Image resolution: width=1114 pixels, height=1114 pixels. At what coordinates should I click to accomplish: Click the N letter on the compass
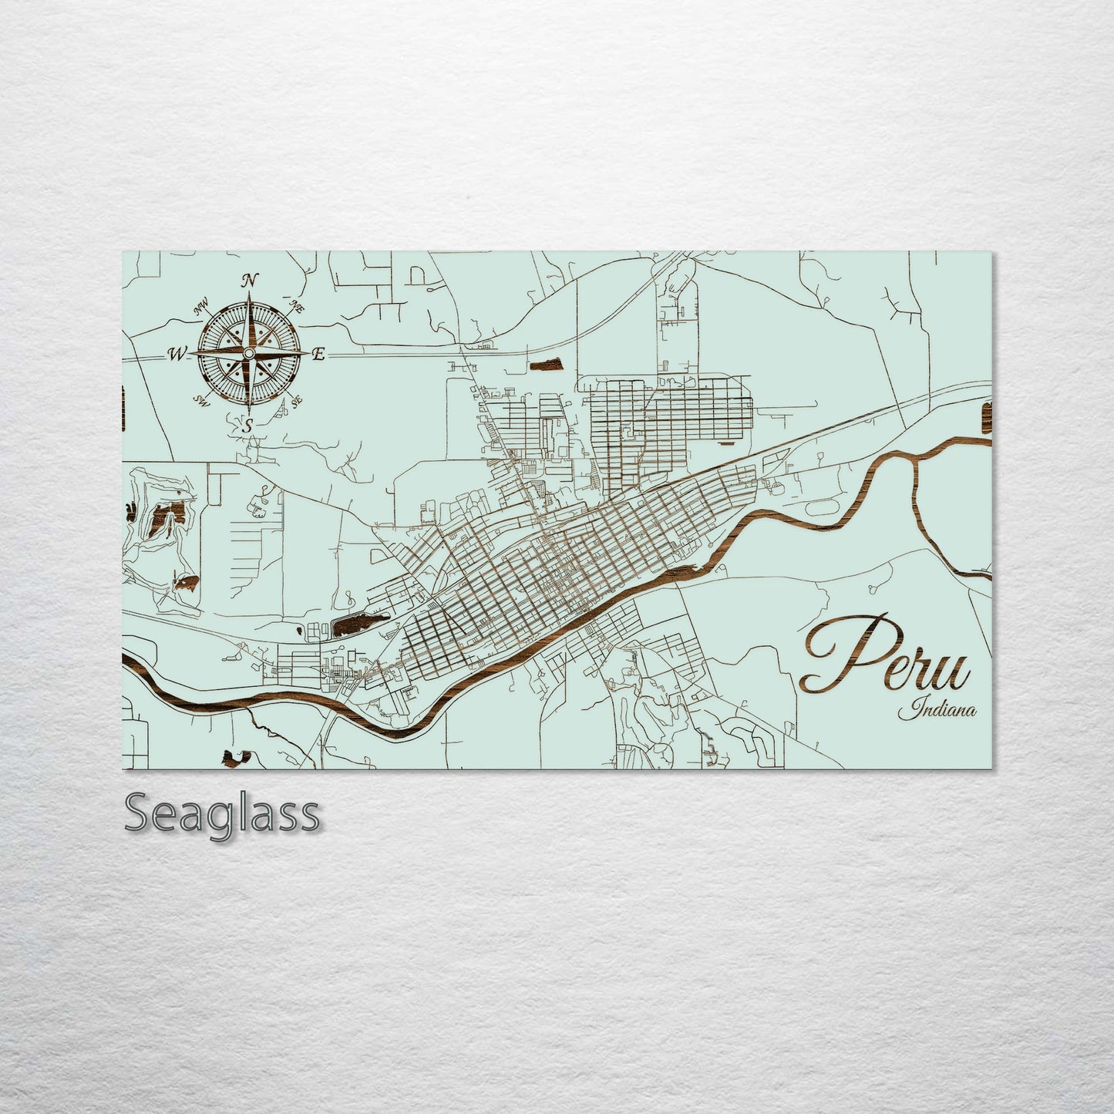(250, 281)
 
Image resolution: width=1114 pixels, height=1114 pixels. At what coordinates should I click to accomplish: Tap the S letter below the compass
(248, 424)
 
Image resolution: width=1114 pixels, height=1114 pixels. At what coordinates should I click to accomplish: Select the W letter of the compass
(177, 354)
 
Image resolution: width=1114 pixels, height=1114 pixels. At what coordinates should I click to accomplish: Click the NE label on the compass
(294, 305)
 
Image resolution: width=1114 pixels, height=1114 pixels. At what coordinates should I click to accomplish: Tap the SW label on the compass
(202, 399)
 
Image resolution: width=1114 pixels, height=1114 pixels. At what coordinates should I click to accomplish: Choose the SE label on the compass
(294, 401)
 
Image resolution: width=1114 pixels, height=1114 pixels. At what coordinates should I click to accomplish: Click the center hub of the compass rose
(248, 353)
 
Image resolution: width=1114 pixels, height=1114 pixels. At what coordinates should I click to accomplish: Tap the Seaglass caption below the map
(221, 813)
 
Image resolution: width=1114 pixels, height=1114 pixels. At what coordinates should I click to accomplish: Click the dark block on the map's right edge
(984, 416)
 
